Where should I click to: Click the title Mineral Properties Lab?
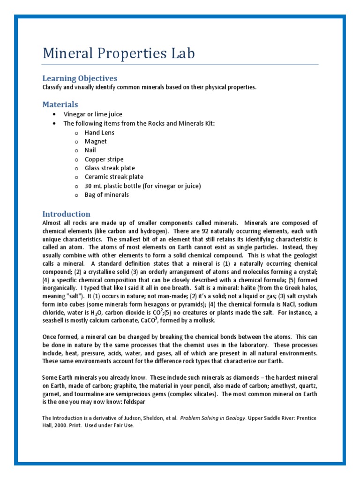pyautogui.click(x=119, y=53)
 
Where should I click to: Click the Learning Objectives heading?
pyautogui.click(x=80, y=78)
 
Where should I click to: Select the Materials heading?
pyautogui.click(x=60, y=105)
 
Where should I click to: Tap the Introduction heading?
pyautogui.click(x=66, y=214)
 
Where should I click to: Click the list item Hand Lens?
pyautogui.click(x=99, y=133)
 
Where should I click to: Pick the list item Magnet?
pyautogui.click(x=96, y=142)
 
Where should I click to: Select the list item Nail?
pyautogui.click(x=90, y=150)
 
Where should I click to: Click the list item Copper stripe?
pyautogui.click(x=104, y=159)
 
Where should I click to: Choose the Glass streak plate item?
pyautogui.click(x=110, y=168)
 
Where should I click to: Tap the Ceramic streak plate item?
pyautogui.click(x=114, y=177)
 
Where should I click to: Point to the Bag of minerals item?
pyautogui.click(x=106, y=195)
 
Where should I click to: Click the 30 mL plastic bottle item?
pyautogui.click(x=142, y=186)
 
